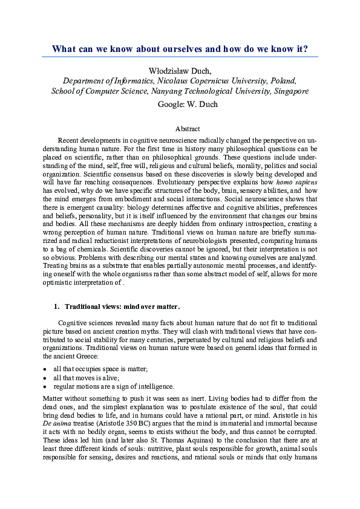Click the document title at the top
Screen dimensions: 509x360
(x=180, y=49)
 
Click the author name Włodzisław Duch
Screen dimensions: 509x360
(x=180, y=70)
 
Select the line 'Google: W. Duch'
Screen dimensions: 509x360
(x=180, y=104)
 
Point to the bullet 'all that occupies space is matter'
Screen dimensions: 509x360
(x=100, y=369)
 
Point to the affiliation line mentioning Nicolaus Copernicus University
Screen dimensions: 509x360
(x=180, y=81)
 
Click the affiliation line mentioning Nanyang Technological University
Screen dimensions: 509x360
(x=180, y=91)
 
